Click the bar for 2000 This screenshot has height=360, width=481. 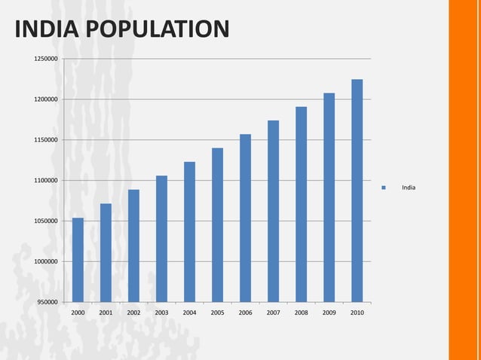point(78,260)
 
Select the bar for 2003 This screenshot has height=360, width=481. point(161,239)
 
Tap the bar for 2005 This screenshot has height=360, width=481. point(217,225)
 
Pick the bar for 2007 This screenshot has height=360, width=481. point(273,211)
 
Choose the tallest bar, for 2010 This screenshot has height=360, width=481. point(357,191)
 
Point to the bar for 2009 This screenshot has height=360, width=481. point(329,197)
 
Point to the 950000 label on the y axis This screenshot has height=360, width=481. point(46,302)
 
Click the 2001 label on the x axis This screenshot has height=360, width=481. point(106,312)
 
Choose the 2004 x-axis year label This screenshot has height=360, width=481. point(189,312)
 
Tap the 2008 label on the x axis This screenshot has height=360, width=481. point(301,312)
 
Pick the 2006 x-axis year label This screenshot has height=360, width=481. point(245,312)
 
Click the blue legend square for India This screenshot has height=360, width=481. point(384,188)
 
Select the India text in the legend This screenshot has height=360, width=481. point(408,188)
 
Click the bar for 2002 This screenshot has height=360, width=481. point(133,246)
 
